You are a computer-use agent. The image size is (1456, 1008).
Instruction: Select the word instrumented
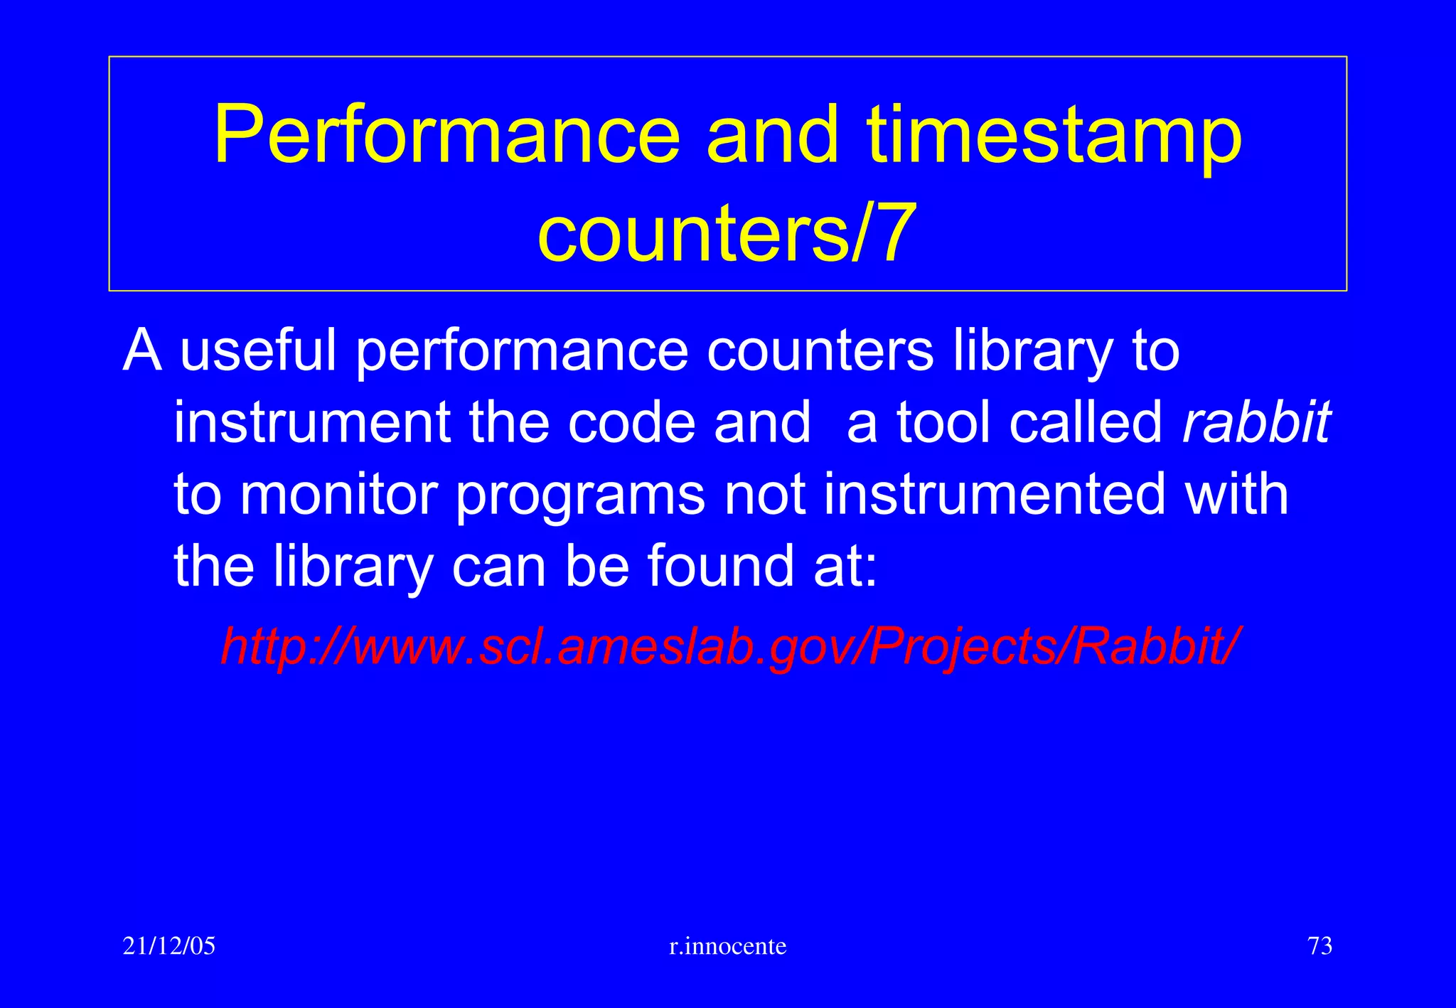[995, 495]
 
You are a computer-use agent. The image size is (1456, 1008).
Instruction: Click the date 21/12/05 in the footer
[169, 946]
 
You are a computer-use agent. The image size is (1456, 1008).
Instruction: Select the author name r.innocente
[728, 946]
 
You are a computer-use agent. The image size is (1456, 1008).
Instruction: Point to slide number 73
[1319, 946]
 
